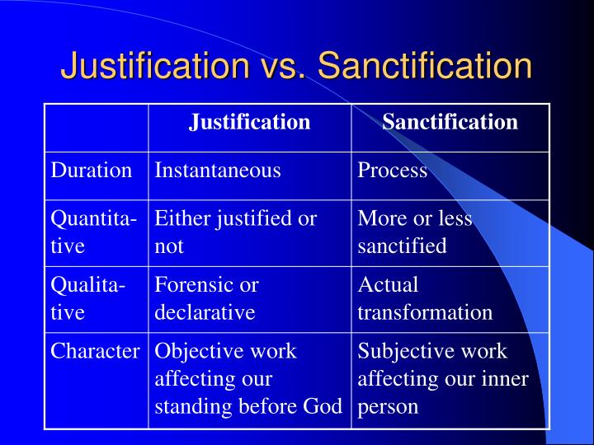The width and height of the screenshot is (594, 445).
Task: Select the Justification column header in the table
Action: [249, 123]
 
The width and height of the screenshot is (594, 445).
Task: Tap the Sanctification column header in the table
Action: [450, 123]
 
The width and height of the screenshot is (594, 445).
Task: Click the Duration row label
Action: [92, 171]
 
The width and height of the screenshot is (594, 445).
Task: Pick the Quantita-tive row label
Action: [93, 232]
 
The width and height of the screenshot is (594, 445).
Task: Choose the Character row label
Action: [95, 351]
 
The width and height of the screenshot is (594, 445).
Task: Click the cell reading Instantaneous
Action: [218, 171]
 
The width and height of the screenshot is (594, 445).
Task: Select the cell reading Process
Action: [392, 171]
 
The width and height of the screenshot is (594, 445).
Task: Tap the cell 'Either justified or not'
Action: [235, 232]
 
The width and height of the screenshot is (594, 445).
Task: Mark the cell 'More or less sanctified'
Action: [415, 232]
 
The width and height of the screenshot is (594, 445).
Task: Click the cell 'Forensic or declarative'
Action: [206, 298]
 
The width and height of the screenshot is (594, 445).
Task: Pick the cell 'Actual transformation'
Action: [425, 298]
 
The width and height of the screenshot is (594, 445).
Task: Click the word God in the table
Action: [325, 406]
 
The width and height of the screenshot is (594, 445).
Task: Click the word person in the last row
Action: [388, 406]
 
